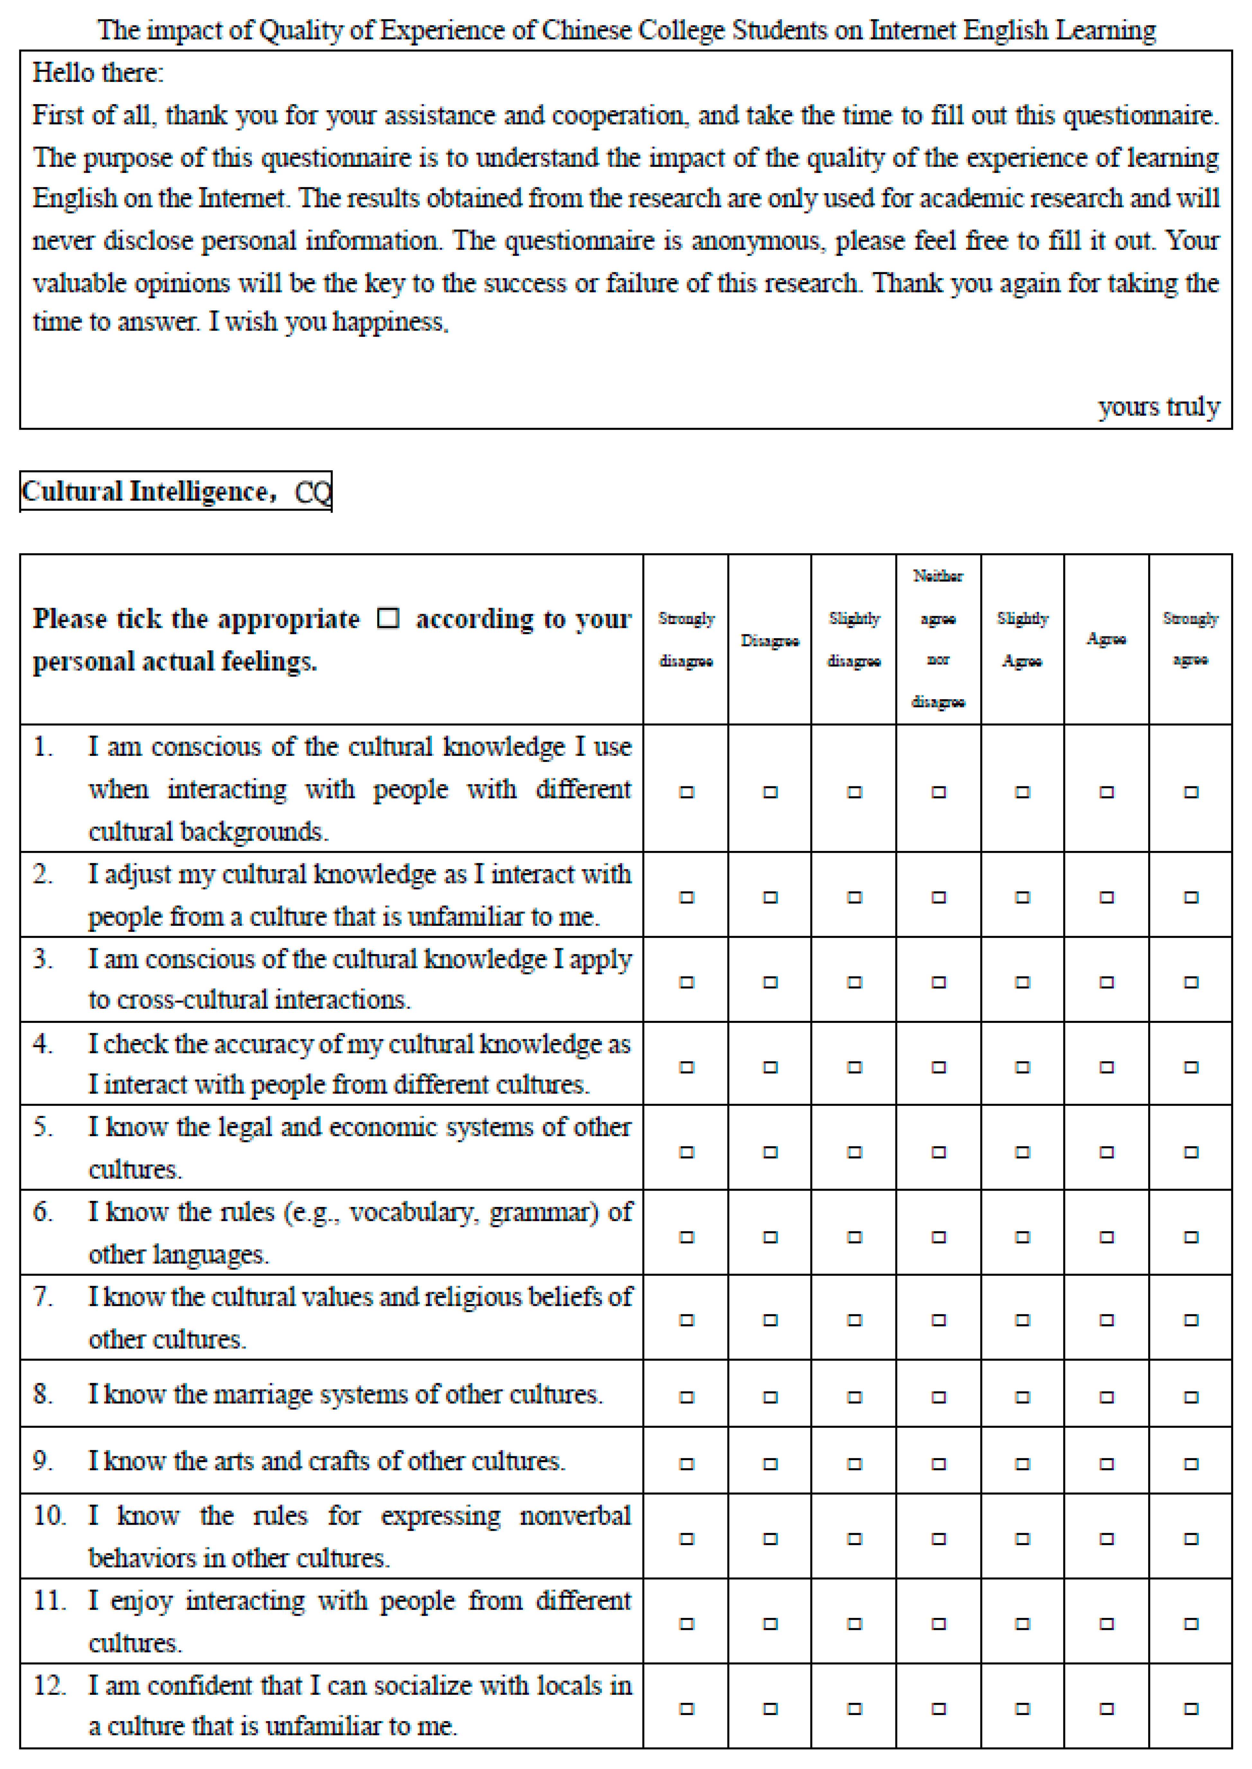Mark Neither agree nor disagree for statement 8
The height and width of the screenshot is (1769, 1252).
tap(938, 1397)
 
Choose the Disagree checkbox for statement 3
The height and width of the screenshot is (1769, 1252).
tap(770, 982)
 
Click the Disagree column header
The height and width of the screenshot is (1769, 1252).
tap(769, 640)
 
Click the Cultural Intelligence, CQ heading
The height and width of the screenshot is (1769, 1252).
tap(176, 492)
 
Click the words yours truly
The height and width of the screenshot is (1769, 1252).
tap(1159, 406)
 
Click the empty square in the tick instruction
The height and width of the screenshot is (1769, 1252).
tap(388, 618)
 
